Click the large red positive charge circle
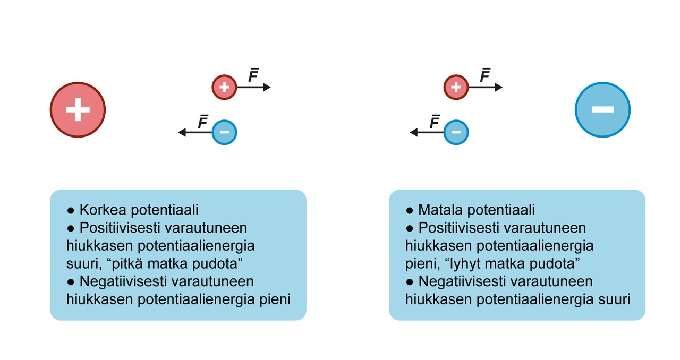(x=78, y=110)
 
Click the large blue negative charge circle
(x=602, y=110)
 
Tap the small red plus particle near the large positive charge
(x=224, y=87)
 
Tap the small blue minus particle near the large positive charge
(x=224, y=132)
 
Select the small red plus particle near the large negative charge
(x=456, y=87)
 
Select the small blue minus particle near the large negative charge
(x=456, y=132)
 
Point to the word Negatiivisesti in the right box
(x=459, y=281)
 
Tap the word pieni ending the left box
(x=274, y=299)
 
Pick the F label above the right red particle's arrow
(x=484, y=76)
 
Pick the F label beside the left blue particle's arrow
(x=202, y=123)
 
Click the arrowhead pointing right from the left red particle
(x=267, y=87)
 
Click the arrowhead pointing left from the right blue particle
(x=414, y=132)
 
